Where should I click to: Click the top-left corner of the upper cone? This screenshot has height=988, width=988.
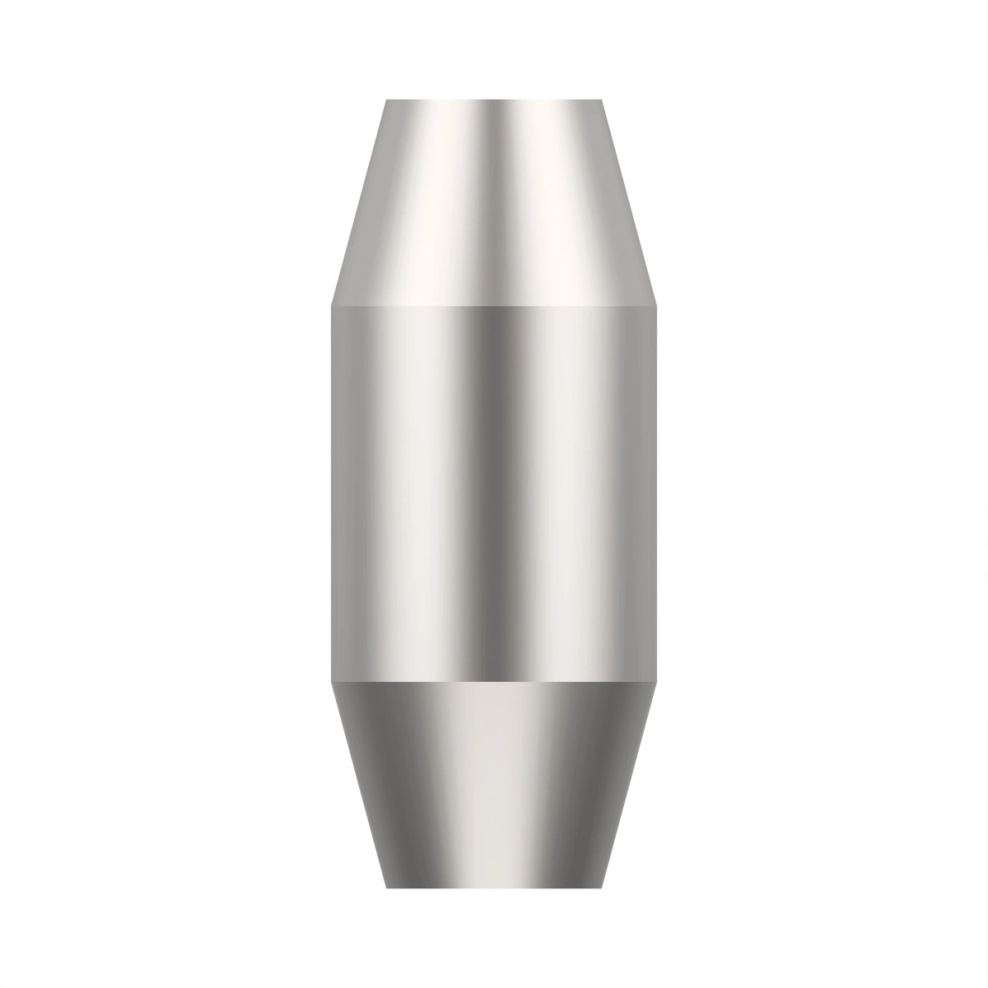point(387,100)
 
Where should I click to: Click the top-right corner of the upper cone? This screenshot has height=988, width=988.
point(602,100)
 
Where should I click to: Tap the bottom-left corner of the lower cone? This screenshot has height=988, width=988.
point(387,887)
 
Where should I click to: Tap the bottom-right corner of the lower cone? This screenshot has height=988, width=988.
point(602,887)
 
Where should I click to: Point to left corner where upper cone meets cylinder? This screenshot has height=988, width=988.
point(332,306)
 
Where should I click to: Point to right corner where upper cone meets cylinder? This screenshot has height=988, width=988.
point(656,306)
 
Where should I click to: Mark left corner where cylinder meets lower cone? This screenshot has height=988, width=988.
point(332,682)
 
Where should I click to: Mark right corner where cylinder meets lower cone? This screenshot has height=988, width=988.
point(656,682)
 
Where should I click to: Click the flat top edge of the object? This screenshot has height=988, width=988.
point(494,100)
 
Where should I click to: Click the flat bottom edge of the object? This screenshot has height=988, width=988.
point(494,887)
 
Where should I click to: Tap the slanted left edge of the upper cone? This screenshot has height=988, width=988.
point(360,203)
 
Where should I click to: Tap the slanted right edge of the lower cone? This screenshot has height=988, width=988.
point(629,784)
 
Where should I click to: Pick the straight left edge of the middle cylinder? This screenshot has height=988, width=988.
point(333,494)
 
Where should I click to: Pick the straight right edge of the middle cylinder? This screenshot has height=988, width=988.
point(656,494)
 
